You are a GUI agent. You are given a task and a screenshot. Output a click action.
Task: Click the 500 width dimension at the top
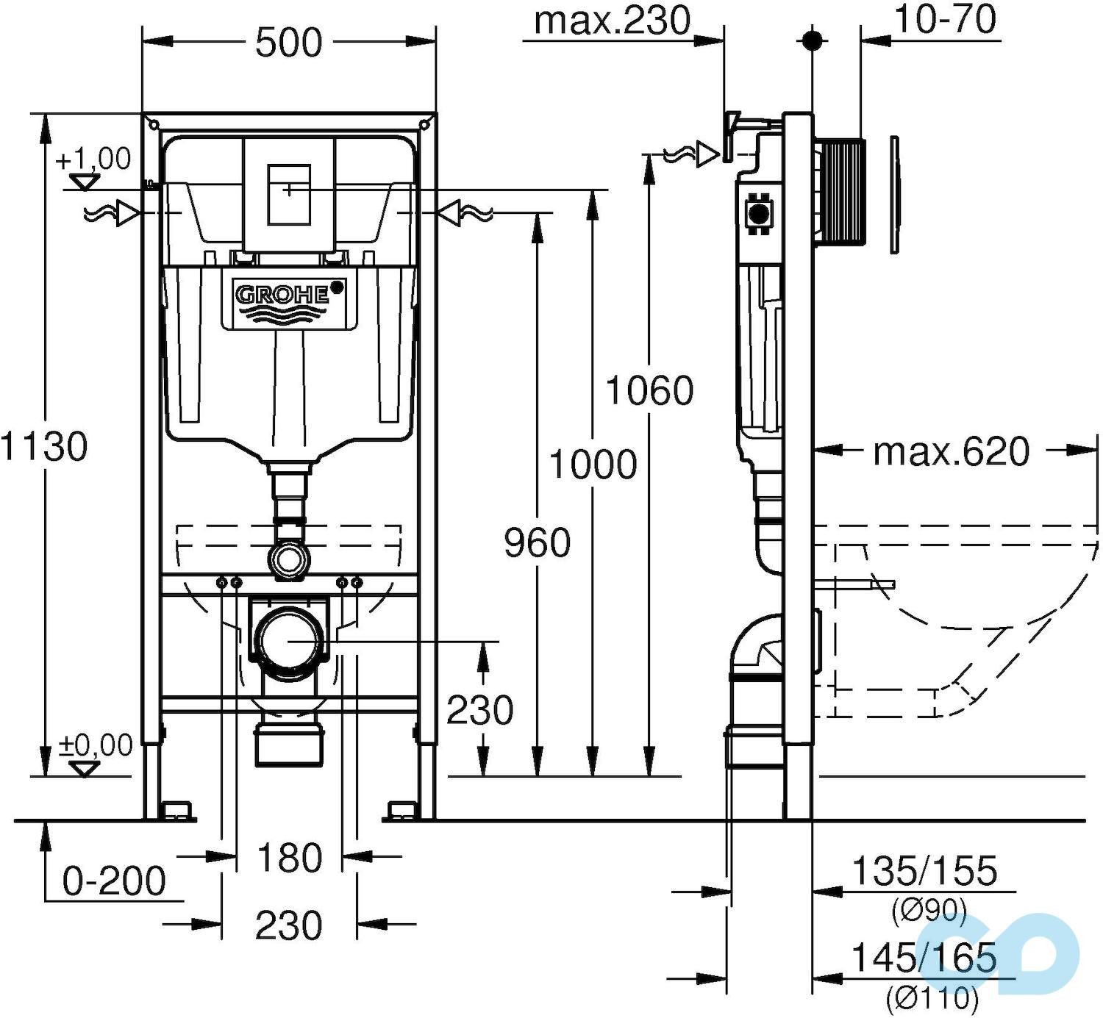pos(288,43)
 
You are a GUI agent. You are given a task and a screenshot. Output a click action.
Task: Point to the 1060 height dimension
pos(649,390)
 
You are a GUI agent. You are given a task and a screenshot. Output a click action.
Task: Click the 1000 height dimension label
pos(593,465)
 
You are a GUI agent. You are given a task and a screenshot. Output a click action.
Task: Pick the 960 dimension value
pos(538,543)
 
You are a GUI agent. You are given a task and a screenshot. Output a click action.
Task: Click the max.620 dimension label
pos(951,451)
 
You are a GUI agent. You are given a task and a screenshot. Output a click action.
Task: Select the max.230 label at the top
pos(612,21)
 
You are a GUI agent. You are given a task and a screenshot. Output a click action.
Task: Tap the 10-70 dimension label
pos(945,20)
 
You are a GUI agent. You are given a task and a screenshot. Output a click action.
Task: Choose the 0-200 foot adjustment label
pos(114,881)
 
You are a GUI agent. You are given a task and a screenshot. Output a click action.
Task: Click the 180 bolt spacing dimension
pos(289,858)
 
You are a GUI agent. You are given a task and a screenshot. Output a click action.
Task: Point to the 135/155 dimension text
pos(924,872)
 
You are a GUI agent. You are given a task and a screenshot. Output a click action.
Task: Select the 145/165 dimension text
pos(924,958)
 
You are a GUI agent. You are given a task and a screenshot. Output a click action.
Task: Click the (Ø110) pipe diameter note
pos(932,997)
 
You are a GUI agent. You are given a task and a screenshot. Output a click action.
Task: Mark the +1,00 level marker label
pos(93,159)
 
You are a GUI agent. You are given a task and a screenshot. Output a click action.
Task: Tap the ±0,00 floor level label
pos(96,745)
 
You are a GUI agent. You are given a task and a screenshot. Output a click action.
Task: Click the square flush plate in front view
pos(288,194)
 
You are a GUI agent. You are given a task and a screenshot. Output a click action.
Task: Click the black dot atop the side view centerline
pos(813,40)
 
